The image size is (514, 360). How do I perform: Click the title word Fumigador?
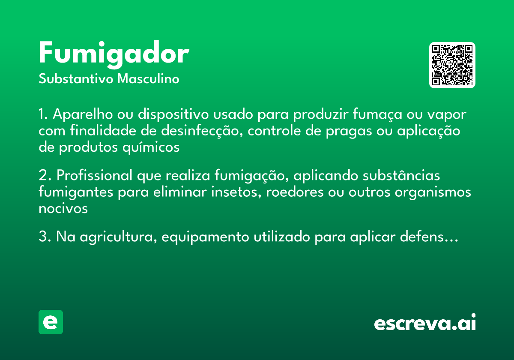coord(114,54)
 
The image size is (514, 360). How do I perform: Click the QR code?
coord(452,65)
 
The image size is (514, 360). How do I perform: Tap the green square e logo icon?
coord(51,322)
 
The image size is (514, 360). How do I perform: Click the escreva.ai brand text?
coord(425,323)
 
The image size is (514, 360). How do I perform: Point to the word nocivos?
coord(63,208)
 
